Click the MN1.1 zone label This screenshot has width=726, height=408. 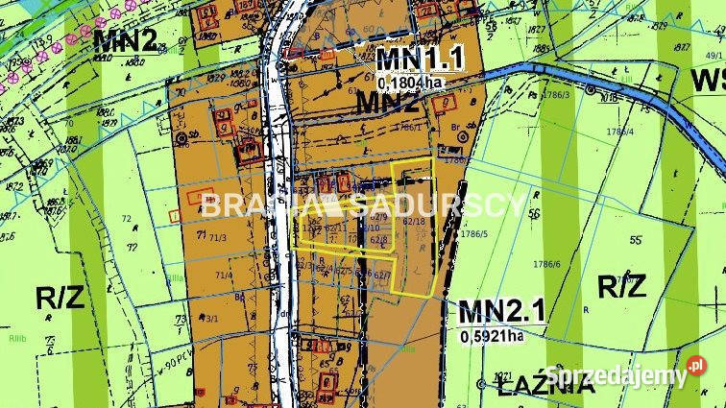click(x=420, y=60)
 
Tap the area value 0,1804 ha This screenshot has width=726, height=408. click(x=411, y=83)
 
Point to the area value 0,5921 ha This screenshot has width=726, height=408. click(x=492, y=335)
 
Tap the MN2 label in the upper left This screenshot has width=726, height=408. click(x=125, y=39)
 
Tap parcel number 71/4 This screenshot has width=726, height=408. click(x=223, y=276)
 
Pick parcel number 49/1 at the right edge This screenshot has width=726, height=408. click(x=714, y=55)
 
